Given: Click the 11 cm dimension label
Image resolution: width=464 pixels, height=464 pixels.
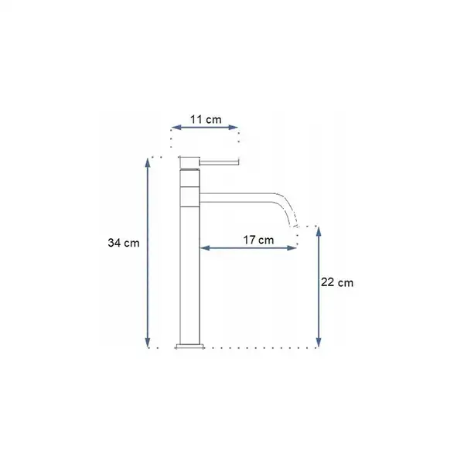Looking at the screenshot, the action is [x=206, y=120].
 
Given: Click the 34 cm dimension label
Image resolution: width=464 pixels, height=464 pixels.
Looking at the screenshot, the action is [x=124, y=243].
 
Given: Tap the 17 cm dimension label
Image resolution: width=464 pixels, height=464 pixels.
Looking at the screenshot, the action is [x=258, y=240].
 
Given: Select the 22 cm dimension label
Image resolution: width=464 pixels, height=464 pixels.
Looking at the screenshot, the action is [x=337, y=282].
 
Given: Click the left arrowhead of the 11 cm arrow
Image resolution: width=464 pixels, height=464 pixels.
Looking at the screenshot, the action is [x=176, y=128].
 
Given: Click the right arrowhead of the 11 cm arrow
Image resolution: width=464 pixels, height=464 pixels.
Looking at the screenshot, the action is [x=234, y=128].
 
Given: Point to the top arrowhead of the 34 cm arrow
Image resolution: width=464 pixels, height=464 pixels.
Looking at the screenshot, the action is [x=148, y=163].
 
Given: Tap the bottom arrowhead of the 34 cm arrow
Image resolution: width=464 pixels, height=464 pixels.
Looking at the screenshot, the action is [x=148, y=343].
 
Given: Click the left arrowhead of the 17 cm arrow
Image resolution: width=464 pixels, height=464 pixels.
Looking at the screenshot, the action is [x=205, y=247].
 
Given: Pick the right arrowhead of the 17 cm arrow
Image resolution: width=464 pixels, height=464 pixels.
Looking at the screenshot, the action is [x=292, y=247].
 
